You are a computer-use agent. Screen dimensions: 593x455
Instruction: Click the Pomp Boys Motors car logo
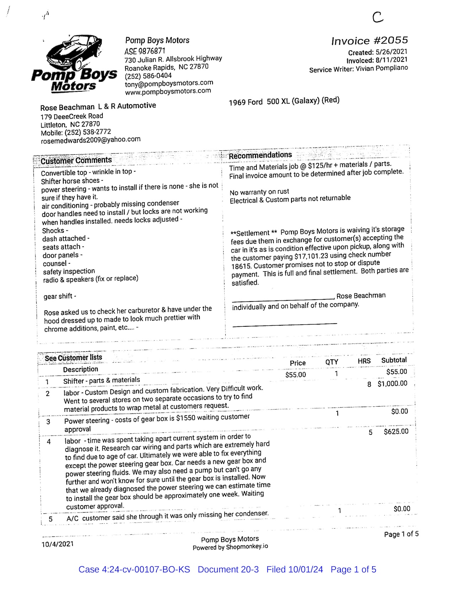(74, 64)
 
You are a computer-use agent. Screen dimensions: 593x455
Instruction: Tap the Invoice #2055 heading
(369, 41)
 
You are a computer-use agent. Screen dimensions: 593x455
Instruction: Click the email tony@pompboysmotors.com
(169, 84)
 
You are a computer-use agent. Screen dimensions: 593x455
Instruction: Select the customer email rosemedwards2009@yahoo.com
(91, 140)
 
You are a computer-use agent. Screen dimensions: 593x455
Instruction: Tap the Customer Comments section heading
(76, 161)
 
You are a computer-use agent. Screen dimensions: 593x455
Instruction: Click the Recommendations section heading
(260, 155)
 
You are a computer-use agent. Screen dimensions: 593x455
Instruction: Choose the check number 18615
(242, 266)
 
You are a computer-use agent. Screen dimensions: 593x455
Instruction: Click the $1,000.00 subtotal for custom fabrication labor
(392, 384)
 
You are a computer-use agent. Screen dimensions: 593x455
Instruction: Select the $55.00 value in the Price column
(295, 375)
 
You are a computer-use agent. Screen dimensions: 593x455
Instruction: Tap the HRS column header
(364, 361)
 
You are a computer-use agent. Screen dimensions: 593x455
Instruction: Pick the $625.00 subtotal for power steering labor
(396, 432)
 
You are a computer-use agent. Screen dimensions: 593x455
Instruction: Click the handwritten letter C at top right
(378, 17)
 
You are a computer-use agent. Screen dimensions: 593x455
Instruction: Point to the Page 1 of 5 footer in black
(401, 534)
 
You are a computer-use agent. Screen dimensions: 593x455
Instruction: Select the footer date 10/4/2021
(58, 544)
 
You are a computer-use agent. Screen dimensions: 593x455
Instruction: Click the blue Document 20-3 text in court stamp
(228, 570)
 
